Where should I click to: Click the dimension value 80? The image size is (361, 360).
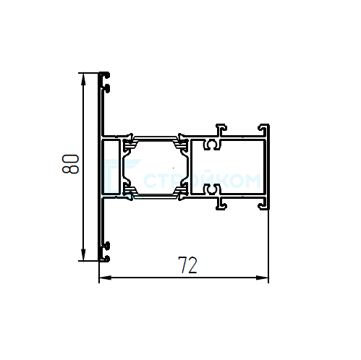tap(70, 164)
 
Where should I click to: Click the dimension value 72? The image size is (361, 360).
tap(187, 265)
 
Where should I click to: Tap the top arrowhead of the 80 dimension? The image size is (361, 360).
tap(83, 79)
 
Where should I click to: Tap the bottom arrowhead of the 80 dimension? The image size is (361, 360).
tap(83, 254)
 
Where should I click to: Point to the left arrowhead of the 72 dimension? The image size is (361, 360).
tap(105, 278)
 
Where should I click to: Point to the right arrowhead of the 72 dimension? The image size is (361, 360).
tap(262, 278)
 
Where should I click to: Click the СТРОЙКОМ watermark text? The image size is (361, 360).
tap(202, 180)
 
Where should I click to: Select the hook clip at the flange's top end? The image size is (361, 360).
tap(105, 82)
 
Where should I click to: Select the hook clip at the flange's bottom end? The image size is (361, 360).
tap(105, 252)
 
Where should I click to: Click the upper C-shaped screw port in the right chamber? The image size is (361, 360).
tap(212, 145)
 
